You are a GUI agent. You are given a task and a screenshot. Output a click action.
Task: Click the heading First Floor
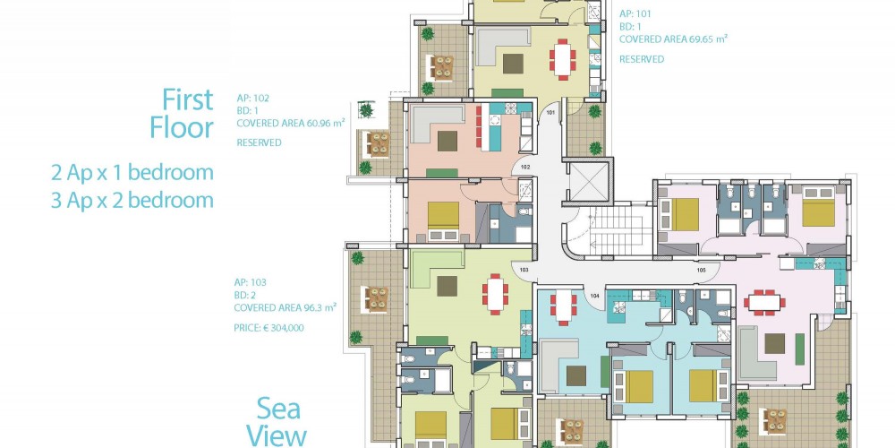(x=182, y=114)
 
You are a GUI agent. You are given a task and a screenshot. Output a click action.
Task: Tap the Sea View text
(x=277, y=422)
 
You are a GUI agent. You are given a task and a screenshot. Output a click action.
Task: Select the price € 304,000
(x=268, y=328)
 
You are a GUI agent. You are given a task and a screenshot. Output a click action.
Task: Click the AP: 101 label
(x=635, y=13)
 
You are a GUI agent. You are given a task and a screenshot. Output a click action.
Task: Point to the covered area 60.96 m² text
(x=291, y=123)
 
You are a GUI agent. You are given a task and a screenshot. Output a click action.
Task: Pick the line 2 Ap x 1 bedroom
(x=132, y=173)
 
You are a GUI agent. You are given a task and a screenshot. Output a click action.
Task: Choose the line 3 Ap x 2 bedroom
(x=132, y=201)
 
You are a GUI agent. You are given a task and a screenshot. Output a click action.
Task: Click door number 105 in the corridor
(x=701, y=269)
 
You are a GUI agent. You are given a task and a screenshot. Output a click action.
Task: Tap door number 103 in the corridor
(x=524, y=269)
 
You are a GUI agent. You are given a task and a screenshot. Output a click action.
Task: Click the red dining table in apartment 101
(x=563, y=59)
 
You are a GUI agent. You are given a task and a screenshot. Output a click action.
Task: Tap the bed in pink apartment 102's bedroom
(x=444, y=220)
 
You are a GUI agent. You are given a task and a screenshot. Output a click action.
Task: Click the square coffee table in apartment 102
(x=447, y=142)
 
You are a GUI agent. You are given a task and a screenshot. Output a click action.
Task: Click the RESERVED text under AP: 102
(x=259, y=142)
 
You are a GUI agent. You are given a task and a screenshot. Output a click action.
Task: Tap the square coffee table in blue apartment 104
(x=575, y=375)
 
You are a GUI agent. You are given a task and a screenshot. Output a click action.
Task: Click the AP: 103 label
(x=250, y=282)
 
